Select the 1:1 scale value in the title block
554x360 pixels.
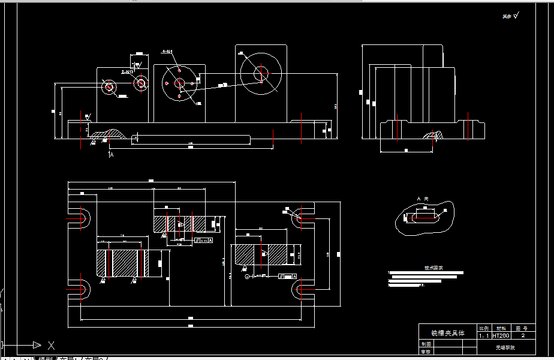point(484,336)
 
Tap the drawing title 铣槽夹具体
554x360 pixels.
point(447,332)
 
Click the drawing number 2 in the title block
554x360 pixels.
point(523,336)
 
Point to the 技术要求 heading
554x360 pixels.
point(425,268)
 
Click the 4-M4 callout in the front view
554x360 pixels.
point(167,52)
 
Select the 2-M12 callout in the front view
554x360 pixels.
point(128,71)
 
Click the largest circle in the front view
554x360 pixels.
point(261,74)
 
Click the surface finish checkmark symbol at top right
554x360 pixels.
point(515,16)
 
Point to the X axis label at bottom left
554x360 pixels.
point(51,345)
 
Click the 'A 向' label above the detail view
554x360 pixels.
point(422,199)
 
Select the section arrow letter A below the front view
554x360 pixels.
point(112,154)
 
